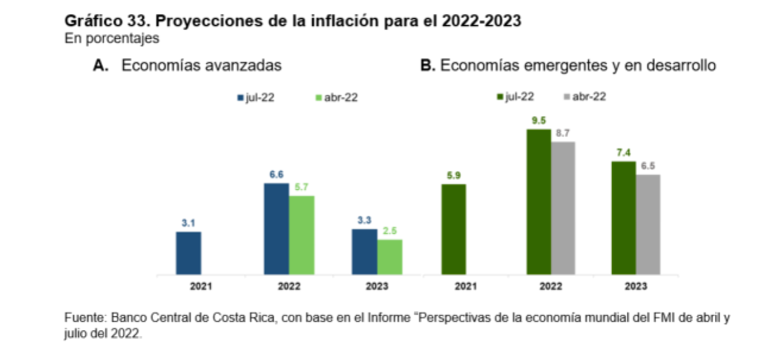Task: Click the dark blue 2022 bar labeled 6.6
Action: tap(276, 229)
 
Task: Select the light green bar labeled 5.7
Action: tap(301, 235)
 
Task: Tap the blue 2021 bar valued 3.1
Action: tap(188, 253)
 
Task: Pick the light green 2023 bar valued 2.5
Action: tap(389, 257)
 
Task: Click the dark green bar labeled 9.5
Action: tap(539, 202)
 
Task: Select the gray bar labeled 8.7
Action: tap(563, 208)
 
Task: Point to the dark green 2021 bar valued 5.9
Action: tap(453, 229)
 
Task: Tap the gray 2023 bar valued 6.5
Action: tap(648, 224)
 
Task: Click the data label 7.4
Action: tap(623, 152)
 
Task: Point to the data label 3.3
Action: tap(364, 220)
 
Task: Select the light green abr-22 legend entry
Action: tap(336, 97)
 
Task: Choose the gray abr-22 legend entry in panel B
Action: tap(584, 96)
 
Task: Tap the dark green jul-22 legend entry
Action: tap(517, 96)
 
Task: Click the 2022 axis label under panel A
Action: tap(289, 286)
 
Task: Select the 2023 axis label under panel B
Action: tap(636, 286)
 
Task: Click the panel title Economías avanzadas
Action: tap(201, 66)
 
